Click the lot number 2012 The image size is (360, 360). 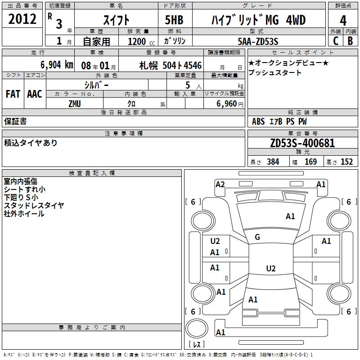click(x=22, y=19)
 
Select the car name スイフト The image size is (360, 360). click(x=116, y=20)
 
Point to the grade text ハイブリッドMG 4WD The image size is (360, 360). click(x=258, y=20)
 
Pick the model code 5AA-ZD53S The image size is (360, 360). click(x=258, y=41)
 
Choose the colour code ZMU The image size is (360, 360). click(x=75, y=103)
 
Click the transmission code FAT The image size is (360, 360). click(x=13, y=94)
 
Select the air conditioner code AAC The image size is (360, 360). click(x=35, y=94)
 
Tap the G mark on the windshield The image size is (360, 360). click(x=257, y=237)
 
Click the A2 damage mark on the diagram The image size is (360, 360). click(x=220, y=184)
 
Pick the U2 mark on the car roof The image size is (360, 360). click(x=270, y=269)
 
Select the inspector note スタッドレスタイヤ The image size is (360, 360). click(x=34, y=205)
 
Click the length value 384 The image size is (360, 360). click(x=273, y=162)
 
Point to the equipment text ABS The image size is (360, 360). click(x=258, y=121)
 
